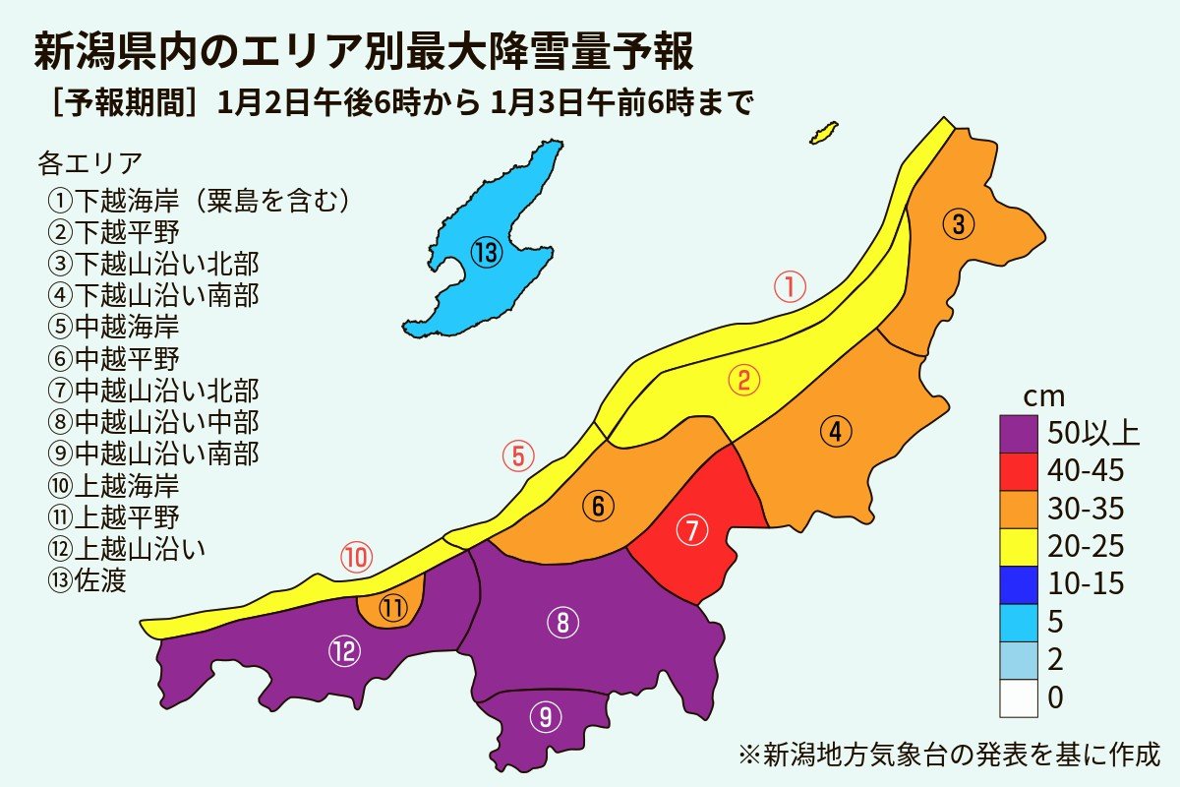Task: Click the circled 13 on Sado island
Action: (x=486, y=254)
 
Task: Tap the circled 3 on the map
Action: (x=959, y=224)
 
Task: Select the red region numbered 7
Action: (x=692, y=531)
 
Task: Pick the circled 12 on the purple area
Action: (x=344, y=650)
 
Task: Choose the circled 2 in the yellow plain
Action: (x=744, y=381)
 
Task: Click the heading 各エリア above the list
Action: (x=90, y=160)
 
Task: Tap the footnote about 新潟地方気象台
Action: (x=949, y=756)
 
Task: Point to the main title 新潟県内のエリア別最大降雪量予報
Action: (x=364, y=53)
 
